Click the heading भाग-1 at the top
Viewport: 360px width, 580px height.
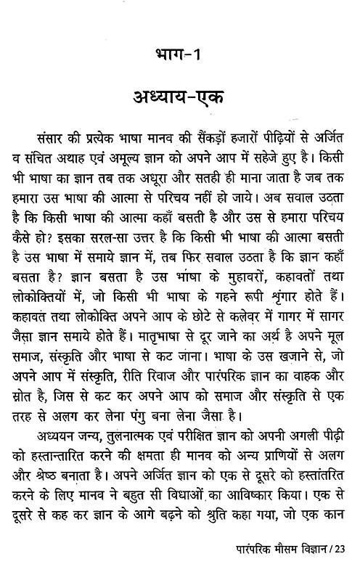coord(180,55)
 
